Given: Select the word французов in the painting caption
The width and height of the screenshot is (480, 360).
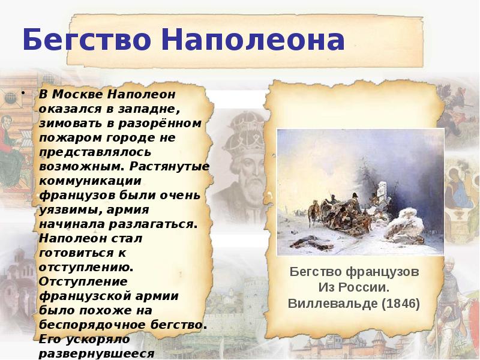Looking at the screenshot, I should coord(382,271).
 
